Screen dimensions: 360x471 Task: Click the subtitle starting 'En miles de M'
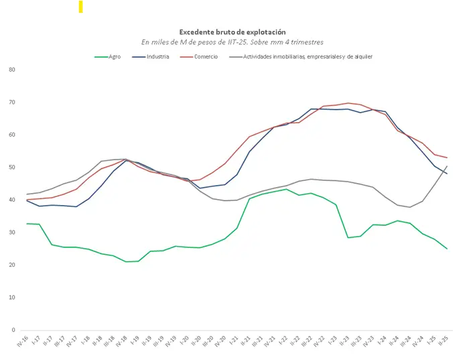(232, 42)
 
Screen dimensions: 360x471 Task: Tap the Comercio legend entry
(206, 57)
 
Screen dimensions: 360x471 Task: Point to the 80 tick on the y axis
(12, 70)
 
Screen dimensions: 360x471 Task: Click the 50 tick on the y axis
(12, 168)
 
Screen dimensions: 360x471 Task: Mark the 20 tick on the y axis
(12, 265)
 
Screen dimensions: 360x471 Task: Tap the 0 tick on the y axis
(14, 330)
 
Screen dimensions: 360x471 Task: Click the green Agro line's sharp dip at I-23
(348, 237)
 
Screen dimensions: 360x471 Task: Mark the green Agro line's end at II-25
(447, 249)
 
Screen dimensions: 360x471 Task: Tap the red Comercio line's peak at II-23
(349, 103)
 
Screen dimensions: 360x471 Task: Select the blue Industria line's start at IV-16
(27, 200)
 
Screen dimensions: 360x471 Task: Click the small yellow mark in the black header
(80, 7)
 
